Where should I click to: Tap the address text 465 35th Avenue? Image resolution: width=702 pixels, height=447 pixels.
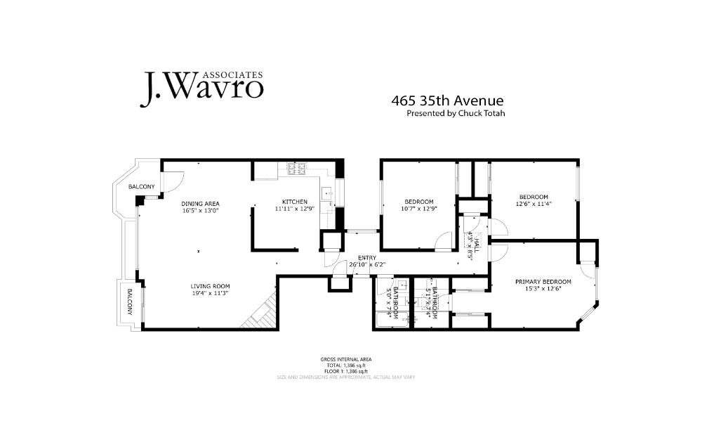[x=447, y=101]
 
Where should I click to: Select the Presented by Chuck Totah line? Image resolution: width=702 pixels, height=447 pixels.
[x=456, y=113]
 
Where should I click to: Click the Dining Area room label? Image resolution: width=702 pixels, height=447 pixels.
[x=201, y=204]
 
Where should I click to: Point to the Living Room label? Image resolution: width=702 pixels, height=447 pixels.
[x=211, y=286]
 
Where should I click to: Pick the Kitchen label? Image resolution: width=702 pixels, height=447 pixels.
[x=295, y=202]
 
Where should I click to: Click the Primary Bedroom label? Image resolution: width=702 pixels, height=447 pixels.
[x=543, y=282]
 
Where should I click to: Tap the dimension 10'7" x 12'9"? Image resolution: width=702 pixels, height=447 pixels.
[x=418, y=209]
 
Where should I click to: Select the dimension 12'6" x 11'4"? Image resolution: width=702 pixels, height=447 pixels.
[x=534, y=205]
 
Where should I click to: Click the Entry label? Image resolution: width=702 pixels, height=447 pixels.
[x=366, y=258]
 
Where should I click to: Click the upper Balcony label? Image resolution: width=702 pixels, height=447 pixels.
[x=141, y=186]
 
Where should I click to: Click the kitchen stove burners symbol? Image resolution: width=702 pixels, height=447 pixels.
[x=295, y=168]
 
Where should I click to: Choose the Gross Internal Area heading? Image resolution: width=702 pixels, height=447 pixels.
[x=346, y=359]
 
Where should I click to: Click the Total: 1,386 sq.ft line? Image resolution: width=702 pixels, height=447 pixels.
[x=346, y=365]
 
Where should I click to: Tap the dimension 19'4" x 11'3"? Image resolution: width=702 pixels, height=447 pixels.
[x=211, y=293]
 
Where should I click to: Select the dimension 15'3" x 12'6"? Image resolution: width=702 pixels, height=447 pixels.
[x=543, y=289]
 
